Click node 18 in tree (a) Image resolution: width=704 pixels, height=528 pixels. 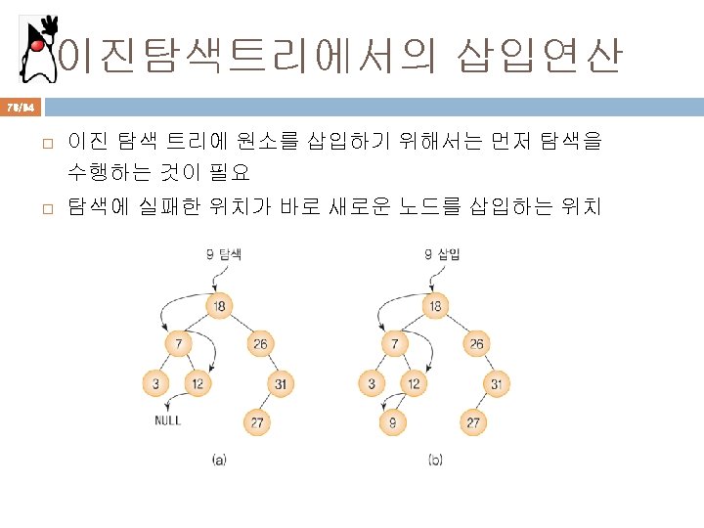pos(219,306)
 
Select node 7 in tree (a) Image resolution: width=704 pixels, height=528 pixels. pos(178,344)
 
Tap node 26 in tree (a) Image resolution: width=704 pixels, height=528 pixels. pos(258,344)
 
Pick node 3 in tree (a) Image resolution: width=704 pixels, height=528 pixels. pos(155,383)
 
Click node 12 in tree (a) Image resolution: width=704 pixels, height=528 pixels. pos(198,383)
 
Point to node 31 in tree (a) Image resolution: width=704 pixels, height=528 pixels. pos(280,383)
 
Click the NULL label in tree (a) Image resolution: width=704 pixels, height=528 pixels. pos(167,421)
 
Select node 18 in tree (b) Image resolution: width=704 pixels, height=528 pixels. pos(435,306)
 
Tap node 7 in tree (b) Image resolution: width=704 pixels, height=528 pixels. pos(394,344)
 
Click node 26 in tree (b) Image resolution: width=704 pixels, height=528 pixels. pos(475,344)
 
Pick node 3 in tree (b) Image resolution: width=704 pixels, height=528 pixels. pos(372,383)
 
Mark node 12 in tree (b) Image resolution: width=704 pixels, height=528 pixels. pos(414,383)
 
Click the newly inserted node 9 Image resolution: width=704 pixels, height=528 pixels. pos(393,422)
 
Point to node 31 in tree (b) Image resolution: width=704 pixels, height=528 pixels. pos(497,383)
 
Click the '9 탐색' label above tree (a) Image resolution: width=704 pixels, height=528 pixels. pos(224,254)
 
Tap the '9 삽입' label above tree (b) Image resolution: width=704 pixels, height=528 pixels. pos(442,254)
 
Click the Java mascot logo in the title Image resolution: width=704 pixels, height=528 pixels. pos(37,49)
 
